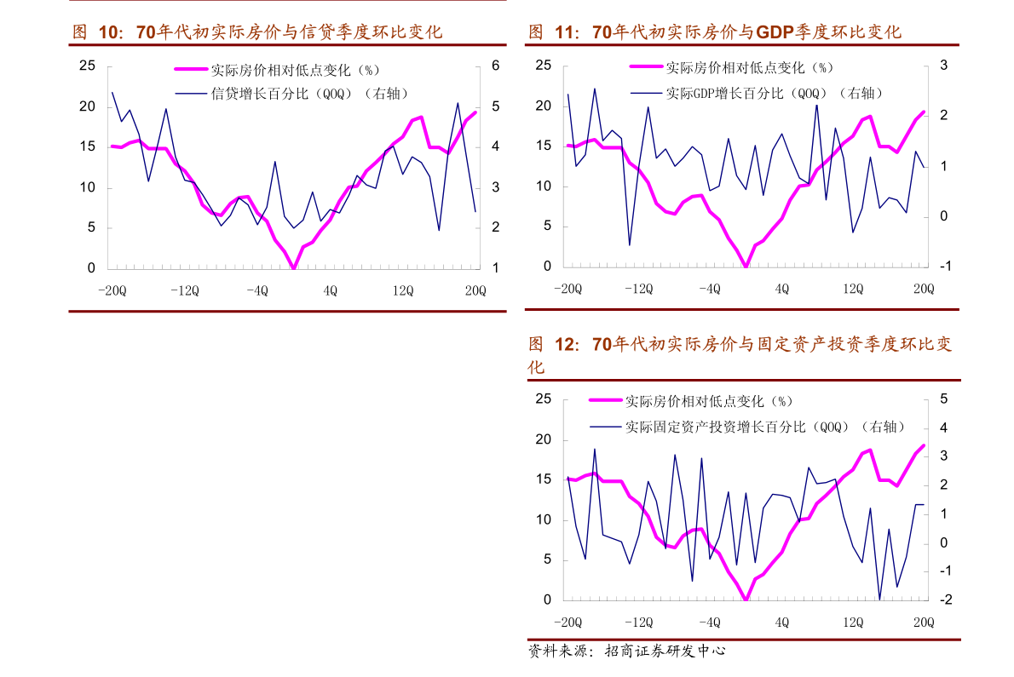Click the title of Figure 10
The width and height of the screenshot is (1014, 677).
click(x=256, y=32)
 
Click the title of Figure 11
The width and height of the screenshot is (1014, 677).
click(x=714, y=32)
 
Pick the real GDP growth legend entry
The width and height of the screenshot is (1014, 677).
click(x=774, y=93)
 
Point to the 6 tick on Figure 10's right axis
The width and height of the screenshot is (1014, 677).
click(x=494, y=66)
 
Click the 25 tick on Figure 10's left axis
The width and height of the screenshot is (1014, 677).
click(x=87, y=66)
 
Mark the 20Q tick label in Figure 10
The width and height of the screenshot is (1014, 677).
click(x=475, y=290)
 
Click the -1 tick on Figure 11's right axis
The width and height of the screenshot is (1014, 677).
click(x=943, y=267)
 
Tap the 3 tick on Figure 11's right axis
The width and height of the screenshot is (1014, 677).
click(x=944, y=66)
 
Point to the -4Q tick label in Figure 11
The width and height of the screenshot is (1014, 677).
click(x=709, y=289)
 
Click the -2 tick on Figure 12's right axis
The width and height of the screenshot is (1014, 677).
click(x=943, y=600)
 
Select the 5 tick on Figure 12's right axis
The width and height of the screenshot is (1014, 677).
click(x=944, y=399)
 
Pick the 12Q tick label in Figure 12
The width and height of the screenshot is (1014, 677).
click(x=854, y=622)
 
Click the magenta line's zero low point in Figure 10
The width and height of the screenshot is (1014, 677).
click(x=293, y=268)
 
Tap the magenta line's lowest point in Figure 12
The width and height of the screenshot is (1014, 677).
click(x=746, y=600)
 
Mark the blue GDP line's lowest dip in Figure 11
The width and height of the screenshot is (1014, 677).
click(x=630, y=245)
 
